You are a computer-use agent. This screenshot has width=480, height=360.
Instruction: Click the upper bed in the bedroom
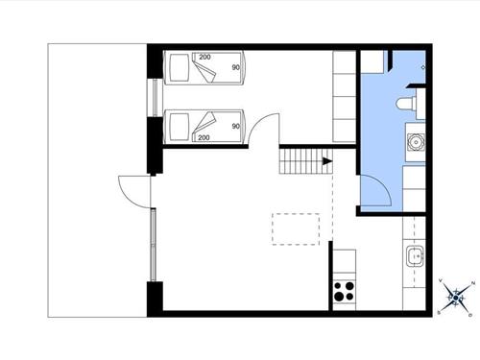[x=207, y=70]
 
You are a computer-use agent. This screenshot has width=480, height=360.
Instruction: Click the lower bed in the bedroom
[x=207, y=126]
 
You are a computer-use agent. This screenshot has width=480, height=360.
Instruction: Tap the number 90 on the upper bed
[x=234, y=69]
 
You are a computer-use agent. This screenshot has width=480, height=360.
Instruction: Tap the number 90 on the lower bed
[x=234, y=126]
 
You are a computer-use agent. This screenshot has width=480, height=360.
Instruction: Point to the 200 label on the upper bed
[x=204, y=58]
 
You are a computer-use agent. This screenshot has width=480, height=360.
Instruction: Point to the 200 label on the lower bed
[x=204, y=138]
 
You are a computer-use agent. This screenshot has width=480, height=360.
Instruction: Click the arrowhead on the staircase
[x=327, y=161]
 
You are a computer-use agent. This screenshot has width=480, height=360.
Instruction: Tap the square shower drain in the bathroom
[x=427, y=67]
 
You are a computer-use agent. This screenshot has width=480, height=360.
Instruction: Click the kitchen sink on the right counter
[x=415, y=255]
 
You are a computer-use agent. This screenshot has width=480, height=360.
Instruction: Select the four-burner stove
[x=344, y=290]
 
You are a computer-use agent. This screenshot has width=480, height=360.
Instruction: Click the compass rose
[x=456, y=296]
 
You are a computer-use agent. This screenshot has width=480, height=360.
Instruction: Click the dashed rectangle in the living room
[x=296, y=228]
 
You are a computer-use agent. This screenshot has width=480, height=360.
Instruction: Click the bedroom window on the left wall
[x=153, y=97]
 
